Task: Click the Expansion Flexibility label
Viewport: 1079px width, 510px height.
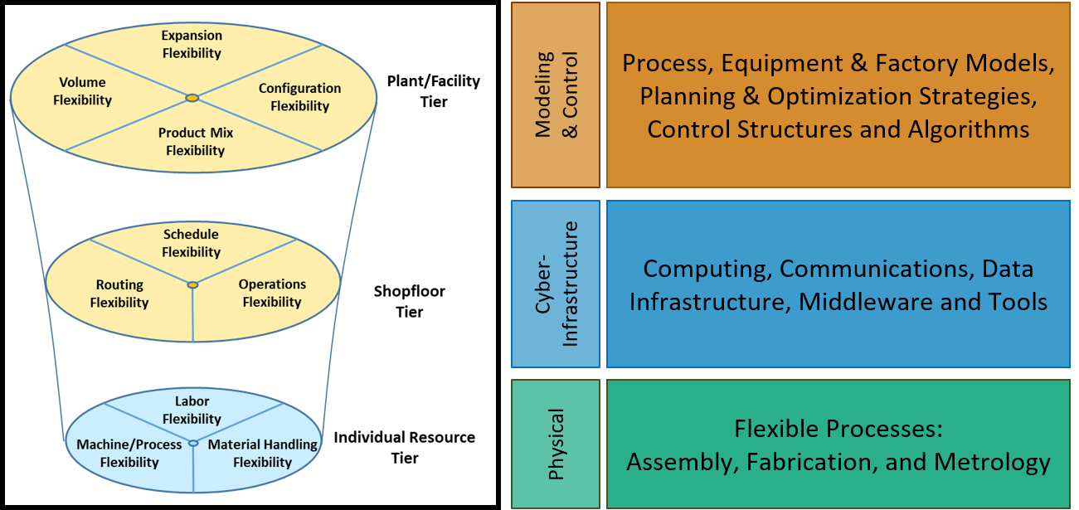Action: click(x=192, y=44)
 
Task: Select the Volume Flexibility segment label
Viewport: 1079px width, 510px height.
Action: click(x=82, y=91)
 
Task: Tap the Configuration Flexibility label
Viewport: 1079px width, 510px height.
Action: click(x=299, y=97)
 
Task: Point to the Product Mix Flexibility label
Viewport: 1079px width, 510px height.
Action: click(x=196, y=142)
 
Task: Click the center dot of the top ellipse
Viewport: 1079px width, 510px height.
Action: click(x=192, y=98)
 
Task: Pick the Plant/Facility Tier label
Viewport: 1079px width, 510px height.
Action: click(x=434, y=91)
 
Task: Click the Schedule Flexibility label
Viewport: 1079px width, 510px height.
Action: click(x=192, y=243)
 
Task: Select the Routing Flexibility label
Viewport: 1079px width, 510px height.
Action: click(x=119, y=294)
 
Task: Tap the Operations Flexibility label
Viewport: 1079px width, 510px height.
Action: click(x=272, y=293)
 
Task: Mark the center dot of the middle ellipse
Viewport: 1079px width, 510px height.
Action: click(x=192, y=285)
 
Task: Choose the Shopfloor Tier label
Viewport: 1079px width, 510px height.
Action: click(x=410, y=302)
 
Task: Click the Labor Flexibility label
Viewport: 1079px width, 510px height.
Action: click(x=192, y=410)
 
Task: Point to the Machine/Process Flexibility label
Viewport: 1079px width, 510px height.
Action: click(x=129, y=453)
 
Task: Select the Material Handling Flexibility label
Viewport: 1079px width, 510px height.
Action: click(x=263, y=453)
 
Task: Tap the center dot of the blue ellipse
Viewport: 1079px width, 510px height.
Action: click(x=193, y=443)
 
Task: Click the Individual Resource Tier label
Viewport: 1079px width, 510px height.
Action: click(x=405, y=448)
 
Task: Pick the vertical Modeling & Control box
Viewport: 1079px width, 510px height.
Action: click(x=556, y=95)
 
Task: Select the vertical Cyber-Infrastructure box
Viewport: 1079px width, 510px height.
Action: click(x=556, y=284)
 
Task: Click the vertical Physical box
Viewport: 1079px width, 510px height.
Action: click(x=556, y=444)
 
